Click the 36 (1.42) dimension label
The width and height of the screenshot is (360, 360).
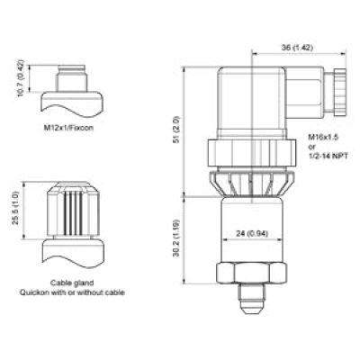point(297,48)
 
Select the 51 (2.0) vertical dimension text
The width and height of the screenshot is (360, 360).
point(176,130)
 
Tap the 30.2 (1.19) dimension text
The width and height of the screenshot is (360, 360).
point(176,238)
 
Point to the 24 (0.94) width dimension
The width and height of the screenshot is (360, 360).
point(252,233)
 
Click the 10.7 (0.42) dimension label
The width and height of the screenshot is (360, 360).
point(21,78)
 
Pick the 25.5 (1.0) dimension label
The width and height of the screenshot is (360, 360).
point(16,208)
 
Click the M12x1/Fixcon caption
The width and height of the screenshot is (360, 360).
point(68,128)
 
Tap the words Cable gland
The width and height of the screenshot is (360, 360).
point(72,283)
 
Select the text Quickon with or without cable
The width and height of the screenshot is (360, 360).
point(72,292)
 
